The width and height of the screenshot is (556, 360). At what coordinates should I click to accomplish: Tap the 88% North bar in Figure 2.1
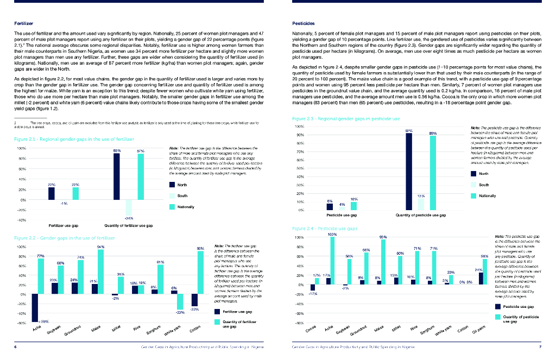click(x=116, y=176)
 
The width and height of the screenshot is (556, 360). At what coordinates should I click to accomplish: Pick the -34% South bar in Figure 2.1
click(x=129, y=207)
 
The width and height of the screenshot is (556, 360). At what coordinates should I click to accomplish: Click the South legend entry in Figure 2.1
click(x=182, y=195)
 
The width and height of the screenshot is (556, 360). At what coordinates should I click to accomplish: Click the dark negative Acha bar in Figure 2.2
click(x=35, y=307)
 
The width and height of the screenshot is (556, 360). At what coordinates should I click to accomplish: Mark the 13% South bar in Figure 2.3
click(x=421, y=204)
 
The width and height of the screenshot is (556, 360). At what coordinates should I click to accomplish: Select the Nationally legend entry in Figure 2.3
click(x=487, y=195)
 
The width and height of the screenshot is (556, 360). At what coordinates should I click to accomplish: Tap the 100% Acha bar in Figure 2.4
click(x=332, y=261)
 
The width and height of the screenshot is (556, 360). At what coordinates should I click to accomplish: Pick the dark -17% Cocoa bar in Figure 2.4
click(x=313, y=288)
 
